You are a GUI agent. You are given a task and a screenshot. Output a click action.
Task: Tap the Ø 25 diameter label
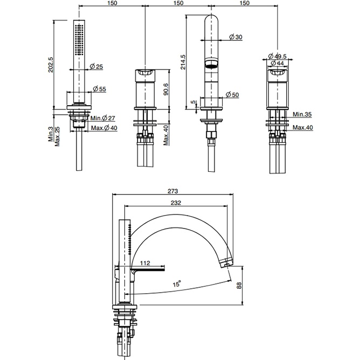pos(96,67)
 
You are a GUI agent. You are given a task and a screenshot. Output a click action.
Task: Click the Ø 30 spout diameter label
pos(235,37)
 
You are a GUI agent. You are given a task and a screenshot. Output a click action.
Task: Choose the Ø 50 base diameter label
pos(232,95)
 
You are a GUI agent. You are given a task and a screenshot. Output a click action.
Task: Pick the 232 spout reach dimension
pos(175,203)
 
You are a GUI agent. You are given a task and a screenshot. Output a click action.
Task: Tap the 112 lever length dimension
pos(145,264)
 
